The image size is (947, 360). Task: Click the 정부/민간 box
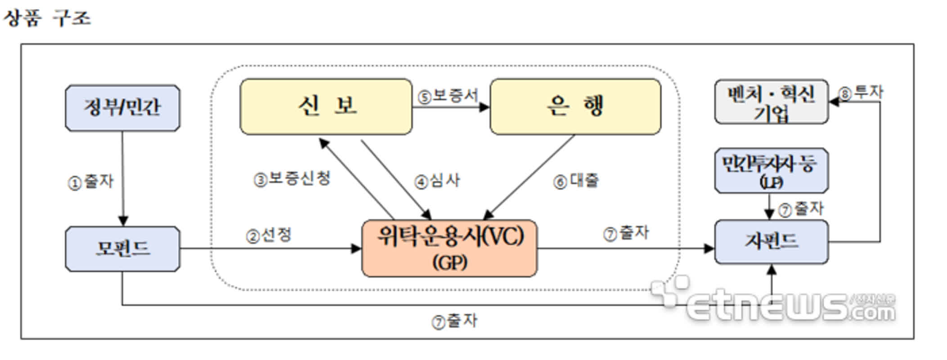point(122,108)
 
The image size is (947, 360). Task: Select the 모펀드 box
point(122,249)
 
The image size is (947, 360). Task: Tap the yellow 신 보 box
point(326,107)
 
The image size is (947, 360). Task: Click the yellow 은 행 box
point(575,107)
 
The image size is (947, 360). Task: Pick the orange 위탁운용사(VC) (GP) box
point(449,248)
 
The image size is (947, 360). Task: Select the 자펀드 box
point(771,242)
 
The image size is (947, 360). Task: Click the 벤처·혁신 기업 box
point(771,102)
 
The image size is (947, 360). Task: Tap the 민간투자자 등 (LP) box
point(771,171)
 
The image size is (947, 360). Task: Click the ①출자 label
point(90,182)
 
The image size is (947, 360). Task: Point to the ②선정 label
point(269,235)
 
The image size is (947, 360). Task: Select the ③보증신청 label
point(292,179)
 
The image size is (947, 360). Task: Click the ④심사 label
point(437,181)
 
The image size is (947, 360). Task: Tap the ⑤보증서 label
point(448,96)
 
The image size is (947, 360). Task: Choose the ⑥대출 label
point(576,181)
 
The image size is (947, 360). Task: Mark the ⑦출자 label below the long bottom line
point(454,321)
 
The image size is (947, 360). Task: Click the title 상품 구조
point(47,18)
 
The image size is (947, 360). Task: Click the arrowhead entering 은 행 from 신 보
point(485,107)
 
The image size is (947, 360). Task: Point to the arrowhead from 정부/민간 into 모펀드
point(123,221)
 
